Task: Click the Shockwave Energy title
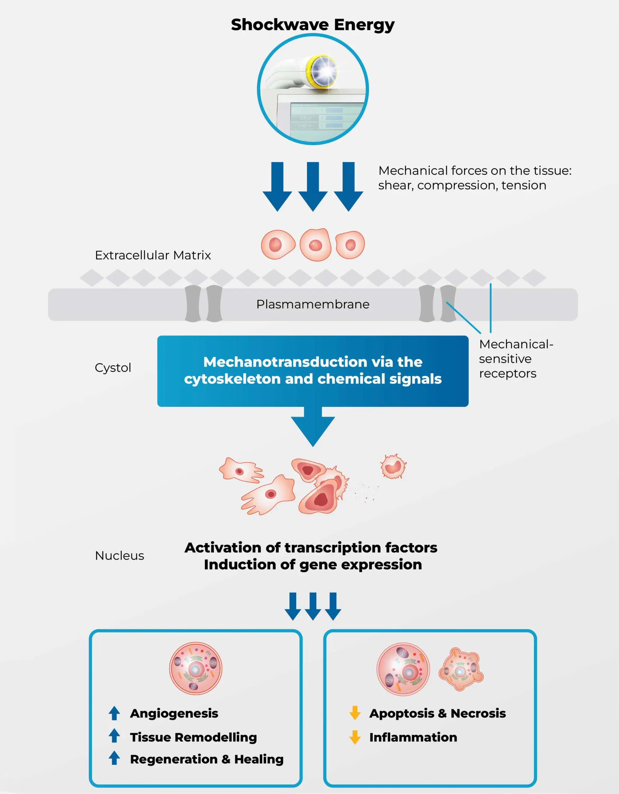coord(312,25)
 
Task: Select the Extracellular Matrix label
coord(153,255)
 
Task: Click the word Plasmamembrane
coord(313,304)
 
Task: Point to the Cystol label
coord(113,368)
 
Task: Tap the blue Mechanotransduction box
coord(313,371)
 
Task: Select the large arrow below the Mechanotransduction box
coord(313,427)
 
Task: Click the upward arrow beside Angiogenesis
coord(114,713)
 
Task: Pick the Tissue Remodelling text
coord(193,737)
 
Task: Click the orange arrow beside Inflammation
coord(355,737)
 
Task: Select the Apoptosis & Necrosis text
coord(437,713)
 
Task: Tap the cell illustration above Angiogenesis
coord(196,668)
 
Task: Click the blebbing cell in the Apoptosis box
coord(461,669)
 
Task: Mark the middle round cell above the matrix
coord(315,245)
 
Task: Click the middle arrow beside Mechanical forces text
coord(313,186)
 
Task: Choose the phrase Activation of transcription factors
coord(311,547)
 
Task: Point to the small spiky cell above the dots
coord(393,466)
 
